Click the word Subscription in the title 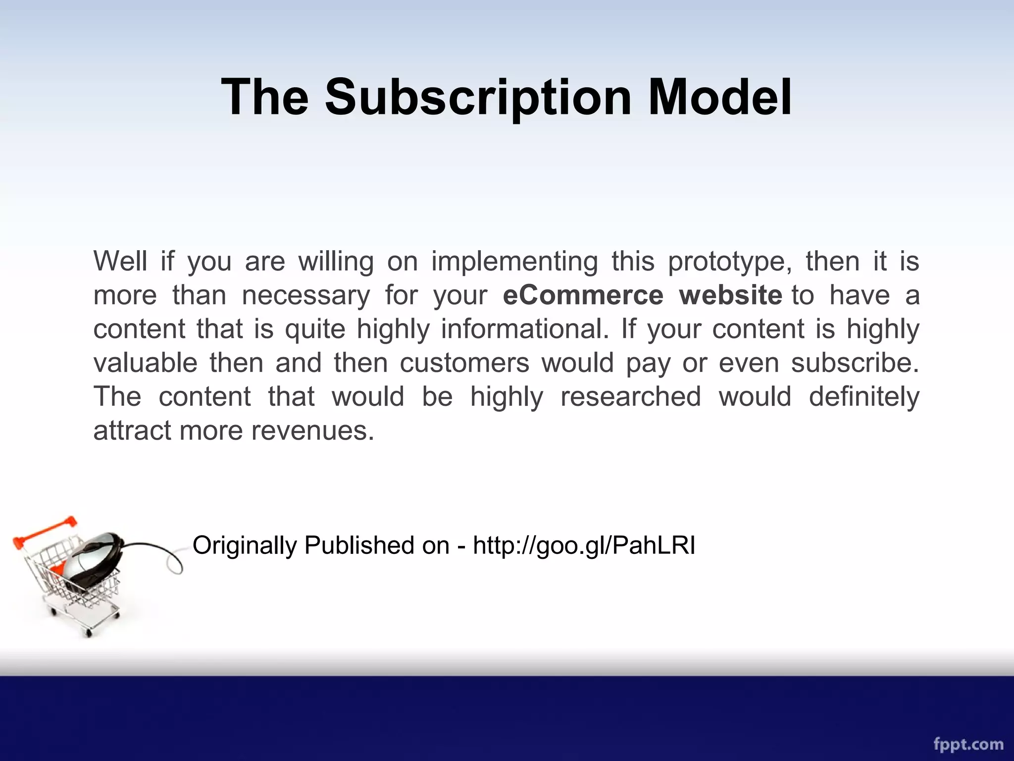pyautogui.click(x=478, y=97)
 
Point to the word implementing pyautogui.click(x=514, y=262)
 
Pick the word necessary pyautogui.click(x=305, y=295)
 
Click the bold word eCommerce pyautogui.click(x=583, y=295)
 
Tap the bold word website pyautogui.click(x=730, y=295)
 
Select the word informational pyautogui.click(x=525, y=329)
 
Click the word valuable pyautogui.click(x=146, y=363)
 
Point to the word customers pyautogui.click(x=464, y=363)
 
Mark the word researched pyautogui.click(x=630, y=396)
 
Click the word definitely pyautogui.click(x=864, y=396)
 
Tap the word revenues pyautogui.click(x=312, y=430)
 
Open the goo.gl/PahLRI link pyautogui.click(x=584, y=545)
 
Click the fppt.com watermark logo pyautogui.click(x=968, y=743)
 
